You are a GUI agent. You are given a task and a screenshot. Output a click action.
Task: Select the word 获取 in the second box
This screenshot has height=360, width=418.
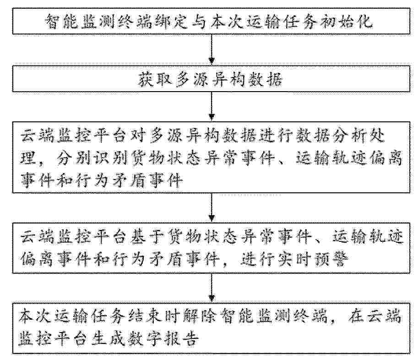[x=155, y=79]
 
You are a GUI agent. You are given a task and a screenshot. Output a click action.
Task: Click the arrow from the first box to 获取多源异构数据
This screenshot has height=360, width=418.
[x=212, y=49]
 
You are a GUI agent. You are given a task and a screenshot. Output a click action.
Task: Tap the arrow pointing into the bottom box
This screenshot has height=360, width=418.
[x=212, y=288]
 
